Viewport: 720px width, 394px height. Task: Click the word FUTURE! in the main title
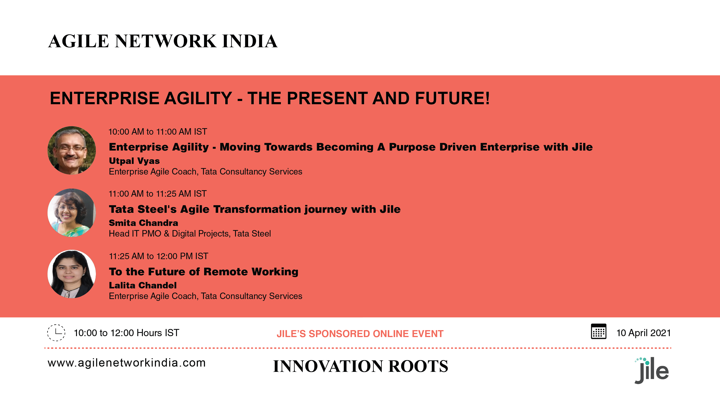click(x=452, y=98)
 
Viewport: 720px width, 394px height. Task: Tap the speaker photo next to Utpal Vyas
click(x=72, y=151)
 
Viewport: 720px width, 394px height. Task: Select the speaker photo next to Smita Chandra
click(x=72, y=213)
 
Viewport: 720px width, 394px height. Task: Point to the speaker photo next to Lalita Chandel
click(x=72, y=274)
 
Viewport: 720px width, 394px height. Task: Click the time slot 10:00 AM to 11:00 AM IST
click(x=158, y=132)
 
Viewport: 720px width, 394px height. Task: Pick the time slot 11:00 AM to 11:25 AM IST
click(x=158, y=194)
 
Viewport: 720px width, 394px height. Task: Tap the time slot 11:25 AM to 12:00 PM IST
click(x=159, y=256)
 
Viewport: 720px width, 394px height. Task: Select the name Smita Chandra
click(x=143, y=223)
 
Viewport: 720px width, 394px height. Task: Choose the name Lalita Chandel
click(x=143, y=285)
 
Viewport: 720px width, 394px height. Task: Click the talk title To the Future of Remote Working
click(x=203, y=272)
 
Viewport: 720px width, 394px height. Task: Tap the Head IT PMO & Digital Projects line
click(x=190, y=234)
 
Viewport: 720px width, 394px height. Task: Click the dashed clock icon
click(x=56, y=332)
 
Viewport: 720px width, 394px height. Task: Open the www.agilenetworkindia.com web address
click(x=127, y=363)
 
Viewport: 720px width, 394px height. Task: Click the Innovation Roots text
click(x=360, y=366)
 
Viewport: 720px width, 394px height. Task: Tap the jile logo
click(x=652, y=370)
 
